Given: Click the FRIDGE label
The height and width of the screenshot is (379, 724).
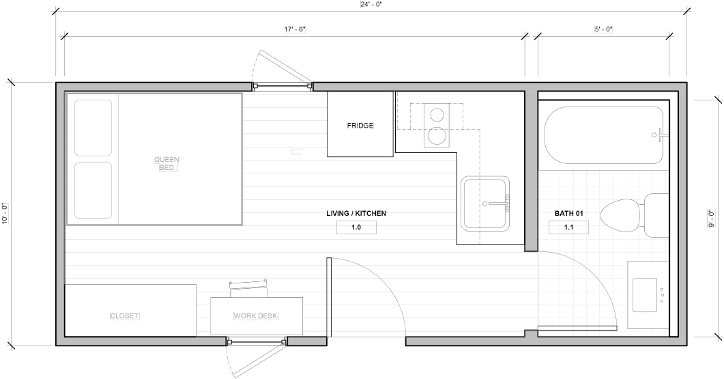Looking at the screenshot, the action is click(360, 125).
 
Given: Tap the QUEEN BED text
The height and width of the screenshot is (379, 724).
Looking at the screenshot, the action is click(166, 164).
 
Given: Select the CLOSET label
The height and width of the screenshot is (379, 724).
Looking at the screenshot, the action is click(124, 315).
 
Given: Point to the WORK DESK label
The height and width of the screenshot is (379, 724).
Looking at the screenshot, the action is click(255, 315).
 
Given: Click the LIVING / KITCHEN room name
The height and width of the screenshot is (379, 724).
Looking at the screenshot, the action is click(356, 214).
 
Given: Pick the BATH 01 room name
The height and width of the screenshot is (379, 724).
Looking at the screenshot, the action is click(569, 214).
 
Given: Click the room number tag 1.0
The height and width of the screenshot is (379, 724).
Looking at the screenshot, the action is click(356, 227).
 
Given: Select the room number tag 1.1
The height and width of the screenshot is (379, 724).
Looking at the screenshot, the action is click(569, 227).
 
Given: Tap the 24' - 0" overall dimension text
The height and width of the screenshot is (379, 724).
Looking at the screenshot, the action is click(371, 5).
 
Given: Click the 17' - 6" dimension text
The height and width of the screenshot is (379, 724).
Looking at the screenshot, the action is click(295, 29).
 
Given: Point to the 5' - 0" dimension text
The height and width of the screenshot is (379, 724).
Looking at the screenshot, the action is click(603, 29).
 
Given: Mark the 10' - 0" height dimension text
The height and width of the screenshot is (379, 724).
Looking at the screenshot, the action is click(5, 214).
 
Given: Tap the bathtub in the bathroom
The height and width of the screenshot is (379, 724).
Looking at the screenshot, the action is click(604, 135).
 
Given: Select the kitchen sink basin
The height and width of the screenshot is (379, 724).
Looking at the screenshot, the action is click(485, 203).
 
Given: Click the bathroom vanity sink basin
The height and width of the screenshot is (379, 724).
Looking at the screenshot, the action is click(645, 295).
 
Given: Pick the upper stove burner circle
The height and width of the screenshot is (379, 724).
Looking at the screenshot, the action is click(437, 114).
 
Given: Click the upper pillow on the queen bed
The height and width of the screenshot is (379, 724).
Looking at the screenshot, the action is click(93, 128).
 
